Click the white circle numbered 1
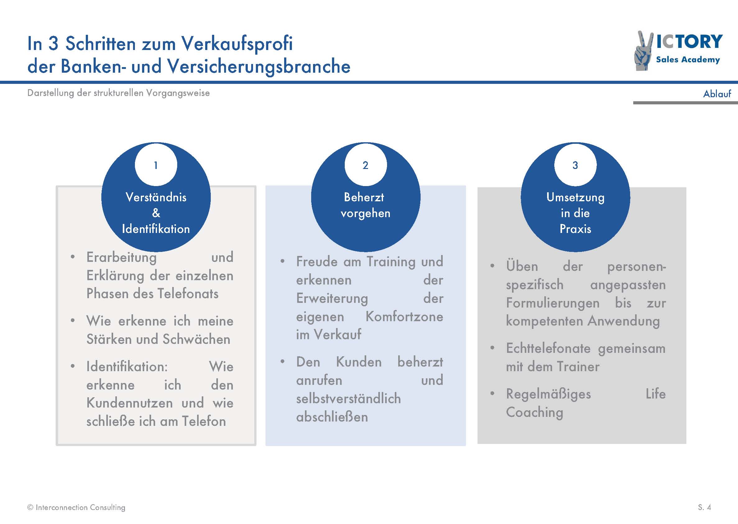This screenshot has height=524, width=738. (x=156, y=165)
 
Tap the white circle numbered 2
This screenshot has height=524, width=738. (x=366, y=165)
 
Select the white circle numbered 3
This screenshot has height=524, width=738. (x=575, y=165)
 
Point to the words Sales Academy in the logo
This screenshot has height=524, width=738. (x=688, y=60)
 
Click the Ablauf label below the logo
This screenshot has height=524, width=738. (x=717, y=93)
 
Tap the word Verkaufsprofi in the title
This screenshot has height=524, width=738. (x=237, y=44)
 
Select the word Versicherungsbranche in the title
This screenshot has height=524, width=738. (x=259, y=66)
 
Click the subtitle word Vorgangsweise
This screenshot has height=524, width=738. (x=178, y=93)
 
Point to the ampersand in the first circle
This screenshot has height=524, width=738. (x=156, y=213)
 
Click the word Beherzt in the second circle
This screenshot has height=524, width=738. (x=364, y=197)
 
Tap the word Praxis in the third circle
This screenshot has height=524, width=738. (x=575, y=229)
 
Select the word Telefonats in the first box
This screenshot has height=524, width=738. (x=188, y=294)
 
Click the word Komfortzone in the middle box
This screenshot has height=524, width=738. (x=404, y=317)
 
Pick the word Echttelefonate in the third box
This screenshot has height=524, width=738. (x=548, y=349)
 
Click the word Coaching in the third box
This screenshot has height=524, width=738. (x=534, y=413)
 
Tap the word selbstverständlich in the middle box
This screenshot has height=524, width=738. (x=348, y=399)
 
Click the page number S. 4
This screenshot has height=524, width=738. (x=704, y=508)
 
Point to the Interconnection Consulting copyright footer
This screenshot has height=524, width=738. (x=76, y=508)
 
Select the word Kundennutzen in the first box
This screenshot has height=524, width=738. (x=129, y=403)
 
